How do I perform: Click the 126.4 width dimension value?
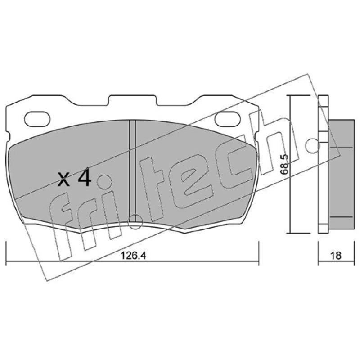tap(133, 256)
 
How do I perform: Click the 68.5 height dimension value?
tap(284, 164)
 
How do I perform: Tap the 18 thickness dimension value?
tap(336, 256)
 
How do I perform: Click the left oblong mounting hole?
tap(37, 119)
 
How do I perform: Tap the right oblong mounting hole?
tap(228, 119)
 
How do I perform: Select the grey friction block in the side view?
tap(342, 174)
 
